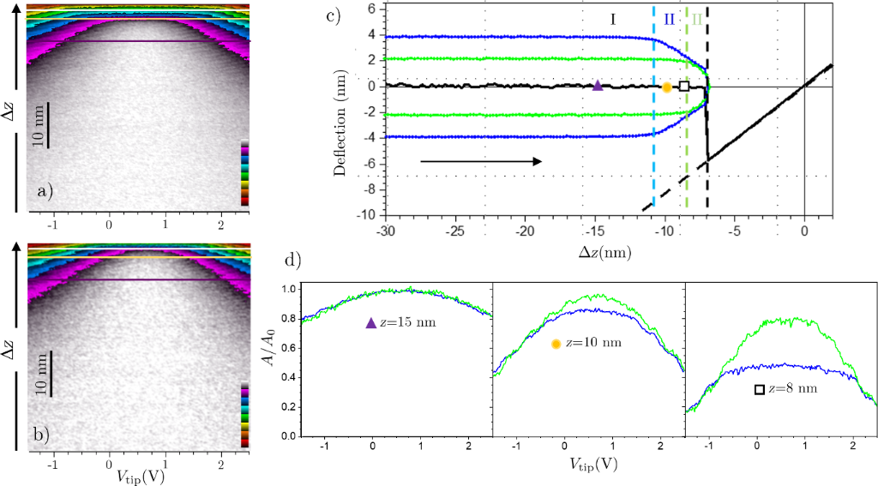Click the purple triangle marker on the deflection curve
click(x=598, y=85)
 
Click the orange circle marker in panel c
click(x=667, y=86)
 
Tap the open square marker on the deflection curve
click(x=683, y=86)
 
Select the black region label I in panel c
click(x=614, y=19)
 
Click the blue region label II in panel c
click(x=670, y=19)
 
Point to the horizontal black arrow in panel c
click(x=480, y=161)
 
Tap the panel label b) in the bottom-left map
click(x=45, y=433)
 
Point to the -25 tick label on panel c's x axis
click(x=456, y=231)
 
